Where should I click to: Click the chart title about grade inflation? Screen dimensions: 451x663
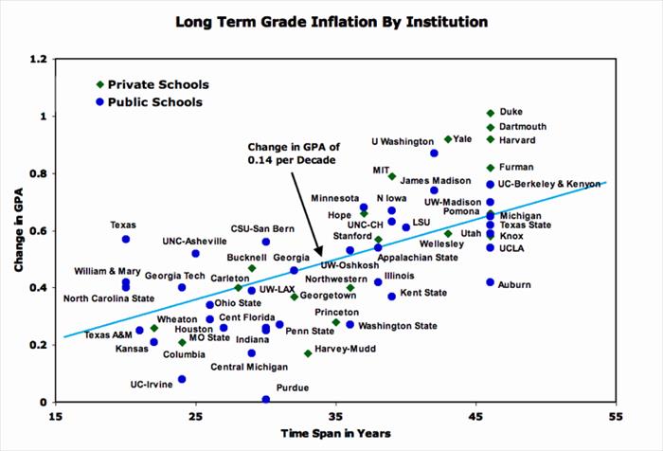pyautogui.click(x=331, y=20)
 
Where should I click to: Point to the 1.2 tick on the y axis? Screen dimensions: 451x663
pyautogui.click(x=39, y=59)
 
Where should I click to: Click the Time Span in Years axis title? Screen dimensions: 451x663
pyautogui.click(x=336, y=433)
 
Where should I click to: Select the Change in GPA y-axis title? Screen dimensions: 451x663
pyautogui.click(x=18, y=230)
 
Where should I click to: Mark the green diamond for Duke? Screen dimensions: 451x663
pyautogui.click(x=491, y=113)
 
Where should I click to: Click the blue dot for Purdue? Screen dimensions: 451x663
pyautogui.click(x=266, y=400)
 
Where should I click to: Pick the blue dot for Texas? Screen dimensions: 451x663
pyautogui.click(x=126, y=239)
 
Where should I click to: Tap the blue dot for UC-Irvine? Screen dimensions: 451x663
pyautogui.click(x=182, y=379)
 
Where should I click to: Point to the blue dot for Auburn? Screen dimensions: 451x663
pyautogui.click(x=491, y=282)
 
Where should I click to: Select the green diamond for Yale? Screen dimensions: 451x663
pyautogui.click(x=448, y=139)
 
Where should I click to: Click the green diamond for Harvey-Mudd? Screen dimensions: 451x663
pyautogui.click(x=308, y=353)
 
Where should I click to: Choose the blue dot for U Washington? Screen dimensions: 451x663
pyautogui.click(x=434, y=153)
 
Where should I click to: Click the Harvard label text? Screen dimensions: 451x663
pyautogui.click(x=517, y=140)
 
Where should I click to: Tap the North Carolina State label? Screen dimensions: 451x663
pyautogui.click(x=109, y=298)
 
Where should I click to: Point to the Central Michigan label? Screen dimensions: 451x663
pyautogui.click(x=249, y=367)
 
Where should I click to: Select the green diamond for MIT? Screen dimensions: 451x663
pyautogui.click(x=392, y=176)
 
